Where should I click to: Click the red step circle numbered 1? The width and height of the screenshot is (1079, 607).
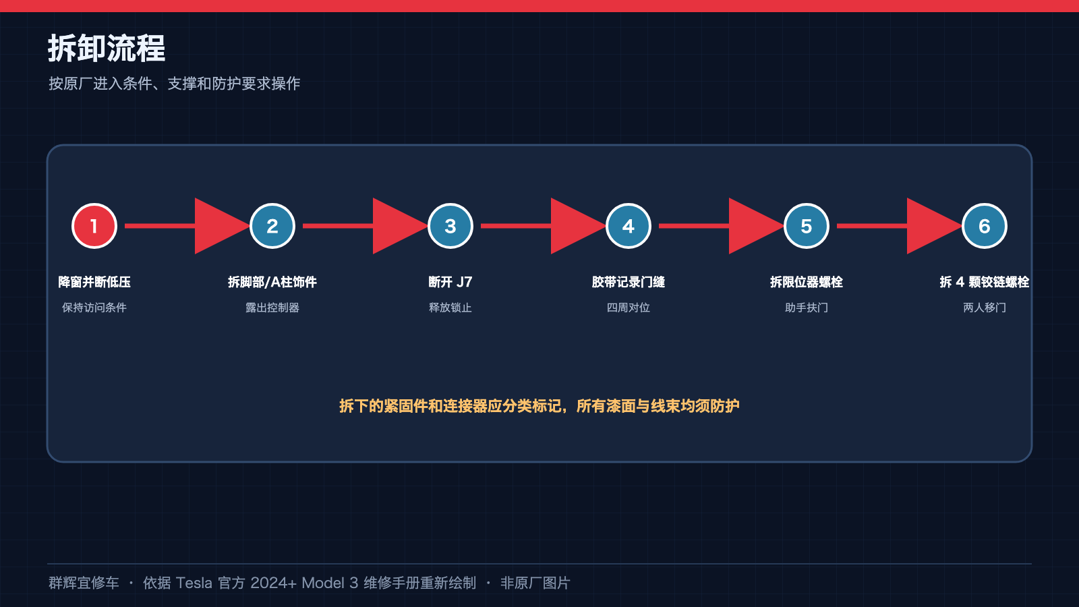(94, 226)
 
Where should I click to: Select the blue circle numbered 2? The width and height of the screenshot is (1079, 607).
(272, 226)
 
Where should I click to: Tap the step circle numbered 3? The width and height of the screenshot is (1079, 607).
(450, 226)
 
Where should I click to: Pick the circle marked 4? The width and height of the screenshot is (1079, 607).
(628, 226)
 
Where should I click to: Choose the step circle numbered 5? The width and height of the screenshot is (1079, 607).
(807, 226)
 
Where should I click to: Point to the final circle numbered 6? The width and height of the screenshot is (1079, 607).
(984, 226)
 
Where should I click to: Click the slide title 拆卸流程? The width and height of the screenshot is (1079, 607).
(107, 48)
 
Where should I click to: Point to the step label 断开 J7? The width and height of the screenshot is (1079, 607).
(450, 282)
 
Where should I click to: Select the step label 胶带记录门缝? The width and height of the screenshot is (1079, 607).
(628, 282)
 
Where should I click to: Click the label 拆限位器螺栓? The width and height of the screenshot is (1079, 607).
(807, 282)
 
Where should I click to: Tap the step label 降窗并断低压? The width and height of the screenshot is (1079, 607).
(94, 282)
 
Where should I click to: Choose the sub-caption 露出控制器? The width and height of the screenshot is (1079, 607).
(272, 308)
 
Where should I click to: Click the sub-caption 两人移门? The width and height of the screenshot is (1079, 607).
(984, 308)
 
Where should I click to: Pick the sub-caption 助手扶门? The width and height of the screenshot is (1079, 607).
(807, 308)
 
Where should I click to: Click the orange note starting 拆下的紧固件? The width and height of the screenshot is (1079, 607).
(539, 406)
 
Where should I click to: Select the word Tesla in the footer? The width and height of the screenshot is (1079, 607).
(194, 583)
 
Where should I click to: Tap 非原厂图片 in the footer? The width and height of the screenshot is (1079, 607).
(535, 583)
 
